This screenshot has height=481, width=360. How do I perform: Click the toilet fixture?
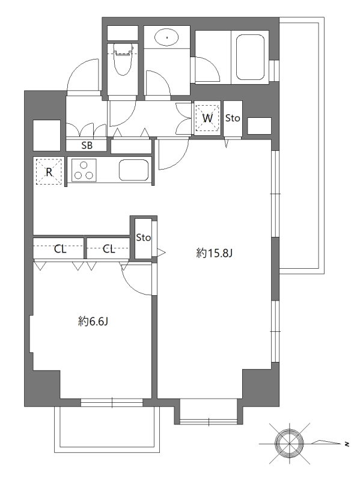(x=123, y=59)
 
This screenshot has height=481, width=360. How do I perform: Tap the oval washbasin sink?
(x=167, y=37)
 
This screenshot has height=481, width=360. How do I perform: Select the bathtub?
(x=250, y=57)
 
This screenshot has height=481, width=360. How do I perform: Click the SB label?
(x=87, y=146)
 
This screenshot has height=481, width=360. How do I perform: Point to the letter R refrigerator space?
(x=49, y=172)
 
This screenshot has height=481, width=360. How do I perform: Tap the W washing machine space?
(x=207, y=118)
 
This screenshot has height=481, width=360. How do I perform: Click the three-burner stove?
(x=84, y=171)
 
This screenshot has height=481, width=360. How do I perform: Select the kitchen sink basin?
(x=133, y=170)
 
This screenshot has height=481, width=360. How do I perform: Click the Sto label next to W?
(x=233, y=118)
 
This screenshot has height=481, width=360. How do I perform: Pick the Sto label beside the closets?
(x=143, y=237)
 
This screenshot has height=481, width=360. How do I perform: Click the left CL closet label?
(x=60, y=250)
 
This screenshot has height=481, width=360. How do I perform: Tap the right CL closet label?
(x=109, y=249)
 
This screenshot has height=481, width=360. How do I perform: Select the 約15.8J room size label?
(x=215, y=253)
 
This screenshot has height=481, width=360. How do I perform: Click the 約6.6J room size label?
(x=93, y=322)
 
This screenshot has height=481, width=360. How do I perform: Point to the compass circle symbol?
(x=289, y=443)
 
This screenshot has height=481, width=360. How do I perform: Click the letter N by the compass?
(x=347, y=444)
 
